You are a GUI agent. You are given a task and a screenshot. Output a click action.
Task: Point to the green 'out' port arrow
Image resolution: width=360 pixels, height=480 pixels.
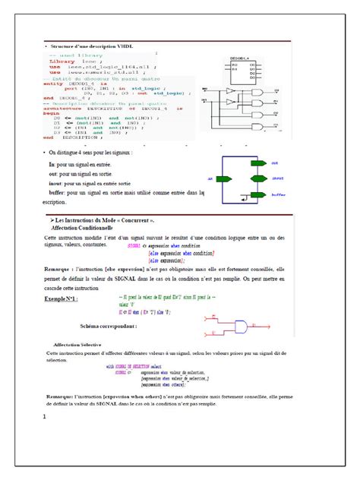(258, 163)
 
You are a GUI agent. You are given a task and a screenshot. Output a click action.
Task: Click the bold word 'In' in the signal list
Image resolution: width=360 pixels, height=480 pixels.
(52, 164)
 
